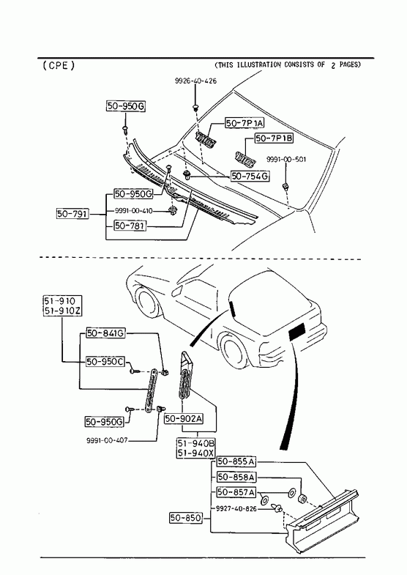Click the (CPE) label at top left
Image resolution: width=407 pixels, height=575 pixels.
tap(59, 66)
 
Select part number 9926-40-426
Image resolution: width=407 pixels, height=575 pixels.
tap(195, 81)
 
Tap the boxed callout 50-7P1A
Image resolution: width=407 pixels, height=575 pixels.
tap(244, 123)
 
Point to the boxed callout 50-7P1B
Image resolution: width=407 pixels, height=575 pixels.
tap(275, 138)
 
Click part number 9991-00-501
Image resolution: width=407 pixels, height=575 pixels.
tap(286, 160)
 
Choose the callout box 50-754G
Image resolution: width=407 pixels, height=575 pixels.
tap(250, 176)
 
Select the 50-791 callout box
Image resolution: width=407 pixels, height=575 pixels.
tap(72, 213)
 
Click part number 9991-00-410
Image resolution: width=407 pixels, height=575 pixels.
tap(133, 211)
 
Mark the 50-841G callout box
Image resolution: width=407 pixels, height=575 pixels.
tap(105, 333)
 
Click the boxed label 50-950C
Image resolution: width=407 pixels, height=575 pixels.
tap(105, 362)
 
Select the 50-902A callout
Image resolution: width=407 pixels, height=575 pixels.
tap(184, 418)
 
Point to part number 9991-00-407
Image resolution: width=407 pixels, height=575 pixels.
tap(107, 440)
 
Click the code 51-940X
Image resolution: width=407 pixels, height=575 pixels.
tap(195, 453)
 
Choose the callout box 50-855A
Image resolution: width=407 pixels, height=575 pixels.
tap(236, 461)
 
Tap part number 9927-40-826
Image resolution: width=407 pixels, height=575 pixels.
tap(236, 508)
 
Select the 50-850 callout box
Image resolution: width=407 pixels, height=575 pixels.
tap(186, 518)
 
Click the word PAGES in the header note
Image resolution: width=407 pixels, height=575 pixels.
tap(350, 64)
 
